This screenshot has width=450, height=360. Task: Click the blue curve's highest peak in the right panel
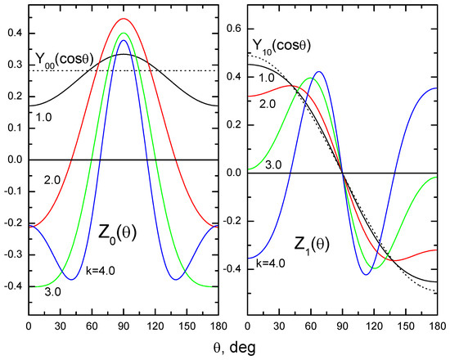tap(318, 72)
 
